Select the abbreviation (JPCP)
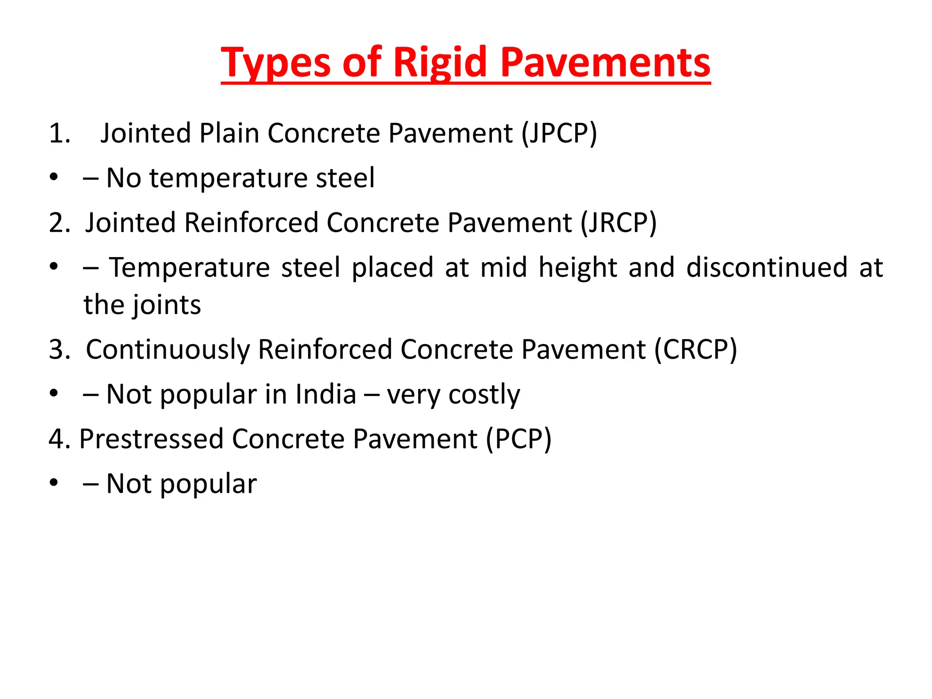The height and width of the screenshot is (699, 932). click(559, 133)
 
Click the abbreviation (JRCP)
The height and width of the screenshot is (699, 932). click(618, 223)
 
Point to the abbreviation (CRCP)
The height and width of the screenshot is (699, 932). click(695, 349)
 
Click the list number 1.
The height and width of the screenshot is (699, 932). click(59, 134)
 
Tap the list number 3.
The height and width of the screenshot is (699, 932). click(59, 350)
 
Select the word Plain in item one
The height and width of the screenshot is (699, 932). click(228, 133)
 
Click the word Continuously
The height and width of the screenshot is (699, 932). click(168, 350)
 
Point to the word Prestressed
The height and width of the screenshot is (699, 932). click(151, 439)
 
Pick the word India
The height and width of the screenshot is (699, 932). click(325, 394)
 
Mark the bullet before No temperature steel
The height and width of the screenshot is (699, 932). click(54, 177)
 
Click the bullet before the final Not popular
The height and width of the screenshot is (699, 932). click(54, 483)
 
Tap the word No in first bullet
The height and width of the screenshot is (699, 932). click(123, 178)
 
